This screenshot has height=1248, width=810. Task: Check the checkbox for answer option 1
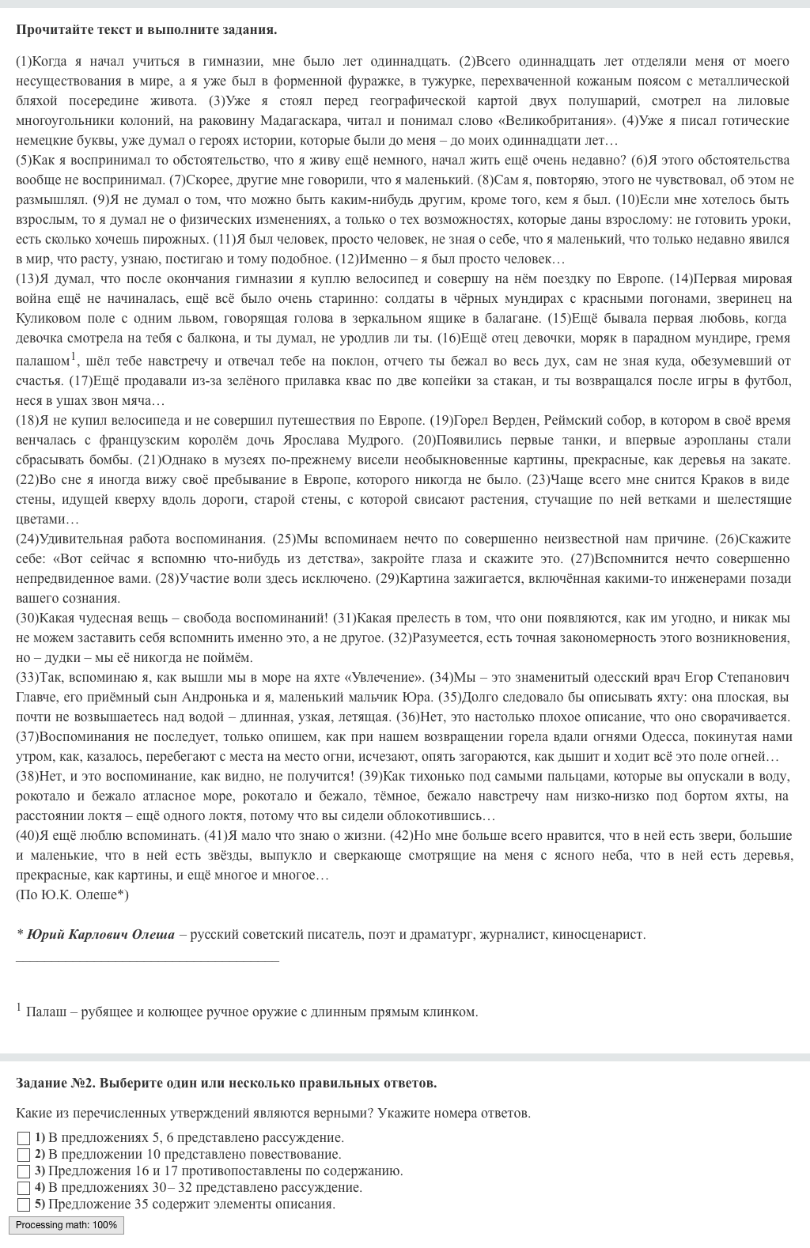[24, 1138]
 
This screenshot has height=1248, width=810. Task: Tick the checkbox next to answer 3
[24, 1171]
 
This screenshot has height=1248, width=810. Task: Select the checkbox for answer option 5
[24, 1205]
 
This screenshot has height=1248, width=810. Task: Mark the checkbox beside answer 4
[24, 1188]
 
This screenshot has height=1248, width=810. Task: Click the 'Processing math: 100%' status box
[66, 1225]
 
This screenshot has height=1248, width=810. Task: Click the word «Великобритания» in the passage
[551, 120]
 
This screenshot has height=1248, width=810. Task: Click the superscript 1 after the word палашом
[74, 356]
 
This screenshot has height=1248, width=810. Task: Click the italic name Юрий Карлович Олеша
[100, 934]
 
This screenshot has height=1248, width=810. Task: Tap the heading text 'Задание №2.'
[56, 1083]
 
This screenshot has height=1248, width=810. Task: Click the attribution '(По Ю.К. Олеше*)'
[72, 894]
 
